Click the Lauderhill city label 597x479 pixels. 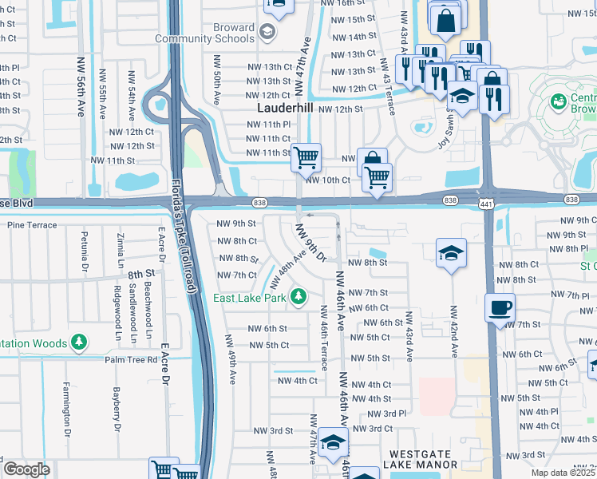[x=285, y=108]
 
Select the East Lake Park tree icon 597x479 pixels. [x=298, y=298]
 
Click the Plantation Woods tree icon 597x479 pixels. [x=78, y=343]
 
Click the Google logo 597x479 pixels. [x=26, y=469]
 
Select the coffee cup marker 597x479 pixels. [x=500, y=307]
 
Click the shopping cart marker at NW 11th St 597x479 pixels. [x=306, y=157]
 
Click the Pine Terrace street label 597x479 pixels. [x=32, y=225]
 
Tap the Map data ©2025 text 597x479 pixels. [x=563, y=473]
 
